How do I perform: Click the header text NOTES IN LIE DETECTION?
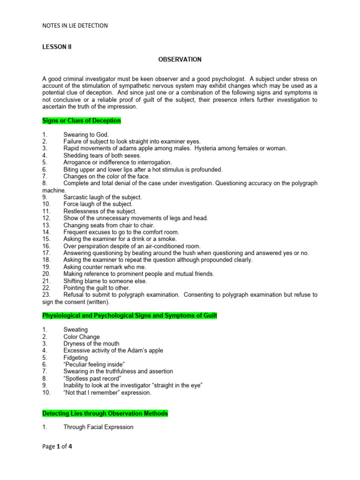pyautogui.click(x=75, y=26)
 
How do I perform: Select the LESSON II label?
pyautogui.click(x=56, y=47)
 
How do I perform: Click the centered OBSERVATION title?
pyautogui.click(x=180, y=60)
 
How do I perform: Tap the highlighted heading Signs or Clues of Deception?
pyautogui.click(x=82, y=121)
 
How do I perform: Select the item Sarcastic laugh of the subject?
pyautogui.click(x=103, y=197)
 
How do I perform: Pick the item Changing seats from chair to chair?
pyautogui.click(x=109, y=225)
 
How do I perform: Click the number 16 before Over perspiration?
pyautogui.click(x=46, y=246)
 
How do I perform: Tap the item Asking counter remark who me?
pyautogui.click(x=105, y=267)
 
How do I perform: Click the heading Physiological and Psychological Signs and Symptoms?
pyautogui.click(x=129, y=316)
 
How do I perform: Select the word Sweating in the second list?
pyautogui.click(x=75, y=330)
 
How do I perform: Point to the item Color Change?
pyautogui.click(x=82, y=337)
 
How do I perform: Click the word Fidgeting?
pyautogui.click(x=75, y=358)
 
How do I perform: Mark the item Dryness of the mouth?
pyautogui.click(x=91, y=344)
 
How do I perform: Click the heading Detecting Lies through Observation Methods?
pyautogui.click(x=105, y=413)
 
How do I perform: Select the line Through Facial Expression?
pyautogui.click(x=98, y=427)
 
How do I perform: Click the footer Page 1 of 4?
pyautogui.click(x=57, y=447)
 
